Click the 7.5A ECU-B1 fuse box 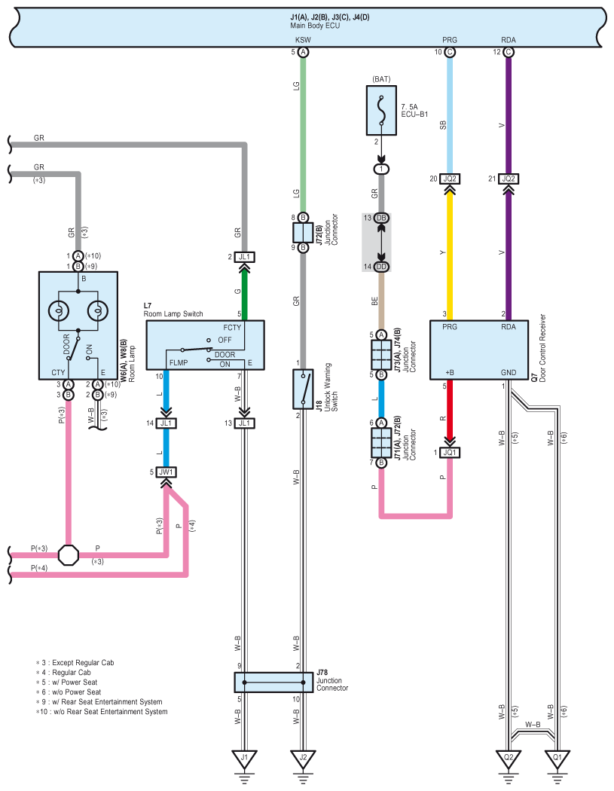click(x=381, y=111)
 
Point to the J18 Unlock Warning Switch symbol click(x=303, y=389)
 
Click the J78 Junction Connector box click(x=274, y=682)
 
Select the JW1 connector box click(x=166, y=472)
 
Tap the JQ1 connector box click(x=450, y=453)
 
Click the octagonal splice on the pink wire click(x=69, y=555)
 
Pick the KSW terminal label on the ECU click(x=303, y=40)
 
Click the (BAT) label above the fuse click(x=381, y=79)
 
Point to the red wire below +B click(x=450, y=408)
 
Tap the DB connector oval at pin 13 click(x=381, y=218)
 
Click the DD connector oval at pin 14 click(x=381, y=267)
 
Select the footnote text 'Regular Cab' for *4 click(x=72, y=673)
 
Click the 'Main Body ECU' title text click(x=315, y=26)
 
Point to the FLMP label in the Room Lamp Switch click(x=179, y=362)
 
